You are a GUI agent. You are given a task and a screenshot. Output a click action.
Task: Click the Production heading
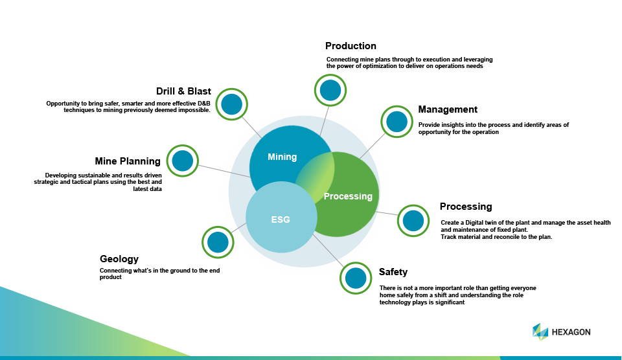[351, 46]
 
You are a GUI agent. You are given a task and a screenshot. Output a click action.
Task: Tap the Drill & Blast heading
[183, 91]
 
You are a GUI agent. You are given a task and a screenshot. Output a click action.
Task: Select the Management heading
[448, 109]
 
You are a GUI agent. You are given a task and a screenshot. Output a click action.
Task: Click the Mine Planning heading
[128, 161]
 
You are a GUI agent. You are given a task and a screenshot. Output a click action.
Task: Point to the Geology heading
[119, 259]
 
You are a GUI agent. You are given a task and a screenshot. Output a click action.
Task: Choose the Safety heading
[393, 272]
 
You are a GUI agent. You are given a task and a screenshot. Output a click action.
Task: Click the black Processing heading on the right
[466, 207]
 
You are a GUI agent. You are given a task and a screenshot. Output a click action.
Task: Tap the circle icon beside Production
[330, 90]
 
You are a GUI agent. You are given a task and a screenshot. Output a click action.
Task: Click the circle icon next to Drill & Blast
[231, 104]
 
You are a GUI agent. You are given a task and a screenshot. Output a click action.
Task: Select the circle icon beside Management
[397, 121]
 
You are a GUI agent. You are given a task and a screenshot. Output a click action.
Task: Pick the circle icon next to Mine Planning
[183, 161]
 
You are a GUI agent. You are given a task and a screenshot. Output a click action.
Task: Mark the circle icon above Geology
[218, 242]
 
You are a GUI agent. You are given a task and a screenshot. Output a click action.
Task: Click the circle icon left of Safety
[356, 278]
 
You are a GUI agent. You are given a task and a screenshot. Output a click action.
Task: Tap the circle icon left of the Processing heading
[413, 221]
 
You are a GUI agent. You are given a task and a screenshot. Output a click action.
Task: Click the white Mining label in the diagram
[282, 157]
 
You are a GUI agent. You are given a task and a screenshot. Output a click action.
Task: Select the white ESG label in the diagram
[281, 219]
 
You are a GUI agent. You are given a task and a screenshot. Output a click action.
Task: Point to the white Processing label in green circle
[348, 196]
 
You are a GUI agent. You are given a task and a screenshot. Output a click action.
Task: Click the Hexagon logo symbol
[540, 332]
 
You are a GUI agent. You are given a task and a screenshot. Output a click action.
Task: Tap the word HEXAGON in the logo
[571, 332]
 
